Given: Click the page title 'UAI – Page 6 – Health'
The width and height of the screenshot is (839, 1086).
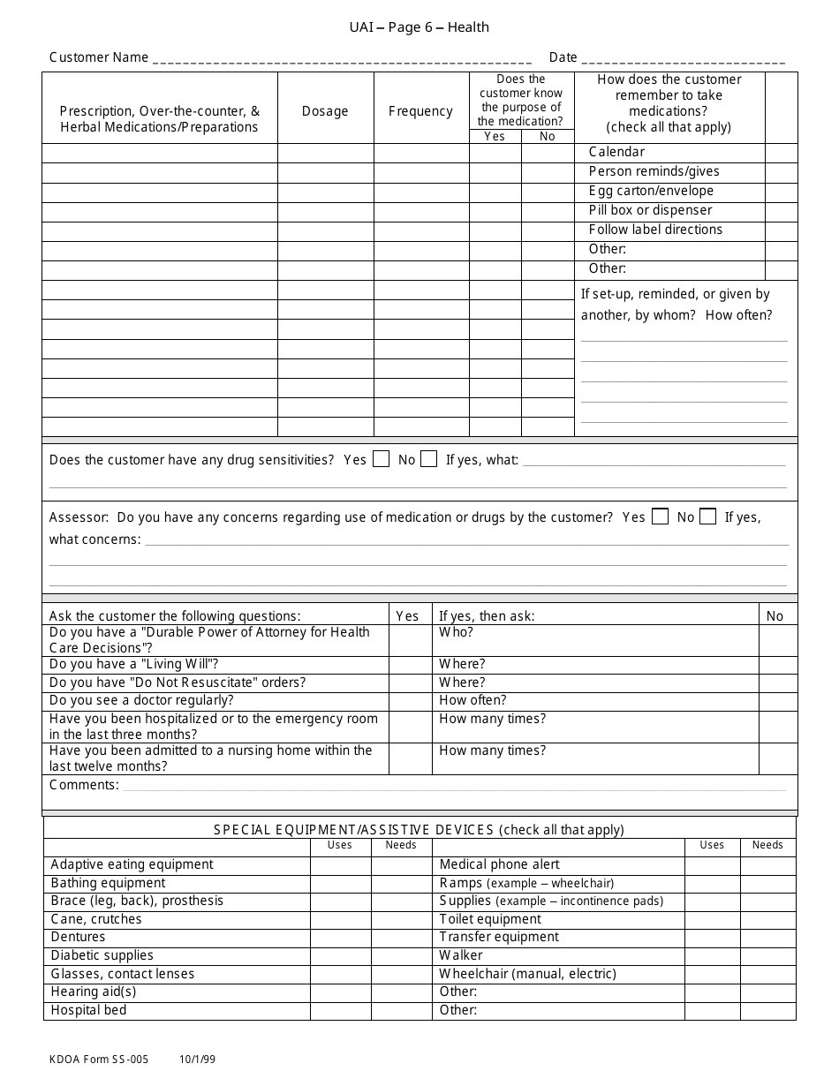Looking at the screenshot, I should pyautogui.click(x=419, y=27).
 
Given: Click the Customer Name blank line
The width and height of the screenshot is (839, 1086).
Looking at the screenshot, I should pyautogui.click(x=342, y=59).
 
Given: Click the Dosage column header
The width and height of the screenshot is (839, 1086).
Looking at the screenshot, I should pyautogui.click(x=325, y=111).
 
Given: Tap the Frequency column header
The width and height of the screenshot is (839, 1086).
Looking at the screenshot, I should pyautogui.click(x=420, y=111).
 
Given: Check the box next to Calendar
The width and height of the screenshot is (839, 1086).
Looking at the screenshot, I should pyautogui.click(x=781, y=152).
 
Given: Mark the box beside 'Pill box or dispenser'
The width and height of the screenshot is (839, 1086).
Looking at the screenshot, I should pyautogui.click(x=781, y=210).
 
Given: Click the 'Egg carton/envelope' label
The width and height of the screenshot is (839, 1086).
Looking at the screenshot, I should pyautogui.click(x=651, y=191).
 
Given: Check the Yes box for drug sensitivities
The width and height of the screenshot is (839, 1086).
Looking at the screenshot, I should pyautogui.click(x=382, y=459).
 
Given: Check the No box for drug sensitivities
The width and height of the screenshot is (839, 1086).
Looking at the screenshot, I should pyautogui.click(x=428, y=459).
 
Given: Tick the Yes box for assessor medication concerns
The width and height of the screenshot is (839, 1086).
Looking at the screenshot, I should pyautogui.click(x=660, y=517).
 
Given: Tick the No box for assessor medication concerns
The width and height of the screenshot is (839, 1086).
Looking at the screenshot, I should pyautogui.click(x=707, y=517).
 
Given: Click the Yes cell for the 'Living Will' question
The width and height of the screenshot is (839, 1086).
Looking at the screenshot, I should pyautogui.click(x=410, y=664).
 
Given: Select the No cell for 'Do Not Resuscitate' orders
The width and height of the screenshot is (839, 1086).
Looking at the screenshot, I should pyautogui.click(x=777, y=683).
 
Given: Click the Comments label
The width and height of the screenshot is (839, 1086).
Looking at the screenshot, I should pyautogui.click(x=83, y=785).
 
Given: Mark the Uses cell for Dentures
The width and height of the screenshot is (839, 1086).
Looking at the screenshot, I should pyautogui.click(x=340, y=937).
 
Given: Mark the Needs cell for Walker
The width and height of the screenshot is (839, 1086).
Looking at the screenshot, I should pyautogui.click(x=767, y=955).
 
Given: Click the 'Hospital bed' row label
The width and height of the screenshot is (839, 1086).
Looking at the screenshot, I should pyautogui.click(x=88, y=1010).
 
